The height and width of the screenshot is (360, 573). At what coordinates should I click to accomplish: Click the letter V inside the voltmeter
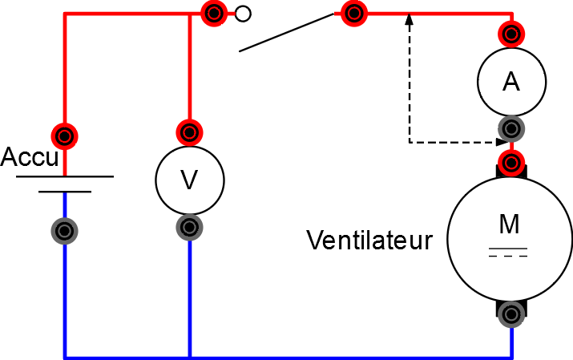click(x=189, y=180)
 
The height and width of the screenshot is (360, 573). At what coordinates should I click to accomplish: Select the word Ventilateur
click(x=369, y=240)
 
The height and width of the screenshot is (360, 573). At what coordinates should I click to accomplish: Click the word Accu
click(x=30, y=156)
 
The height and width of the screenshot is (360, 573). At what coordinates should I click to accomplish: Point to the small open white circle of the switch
click(x=243, y=14)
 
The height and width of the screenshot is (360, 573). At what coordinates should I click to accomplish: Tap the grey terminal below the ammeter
click(x=510, y=127)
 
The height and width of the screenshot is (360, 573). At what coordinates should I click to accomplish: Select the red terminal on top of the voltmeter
click(x=189, y=131)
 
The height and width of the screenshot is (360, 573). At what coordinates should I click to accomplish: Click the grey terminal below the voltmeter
click(x=189, y=228)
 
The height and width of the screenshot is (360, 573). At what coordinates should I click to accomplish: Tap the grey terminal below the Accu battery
click(x=65, y=230)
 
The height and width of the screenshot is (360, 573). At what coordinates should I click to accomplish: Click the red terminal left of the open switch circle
click(x=214, y=13)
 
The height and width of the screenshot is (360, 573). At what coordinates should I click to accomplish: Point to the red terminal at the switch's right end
click(x=352, y=13)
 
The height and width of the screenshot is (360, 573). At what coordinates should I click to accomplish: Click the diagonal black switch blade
click(x=286, y=33)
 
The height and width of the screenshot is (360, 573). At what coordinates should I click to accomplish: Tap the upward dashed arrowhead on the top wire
click(x=410, y=18)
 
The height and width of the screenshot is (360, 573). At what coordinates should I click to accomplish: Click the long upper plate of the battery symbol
click(x=65, y=176)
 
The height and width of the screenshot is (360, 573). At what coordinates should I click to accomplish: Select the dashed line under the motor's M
click(x=508, y=256)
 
